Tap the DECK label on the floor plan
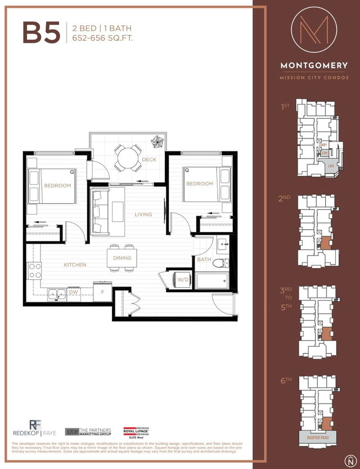149,159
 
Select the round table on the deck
128,158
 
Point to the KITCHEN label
74,265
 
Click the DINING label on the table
122,258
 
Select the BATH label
204,260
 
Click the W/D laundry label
183,280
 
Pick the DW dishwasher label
73,292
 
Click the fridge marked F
102,293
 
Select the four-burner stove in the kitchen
34,271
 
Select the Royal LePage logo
136,432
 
